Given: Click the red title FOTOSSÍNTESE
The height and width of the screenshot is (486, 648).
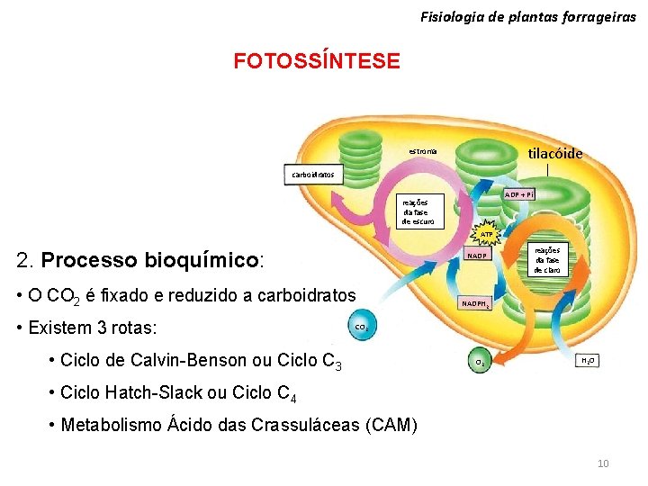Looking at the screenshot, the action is [316, 61].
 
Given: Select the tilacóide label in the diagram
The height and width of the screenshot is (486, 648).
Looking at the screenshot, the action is [554, 153].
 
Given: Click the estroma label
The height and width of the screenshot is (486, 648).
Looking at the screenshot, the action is [423, 151].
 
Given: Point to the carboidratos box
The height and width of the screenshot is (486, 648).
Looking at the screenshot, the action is [313, 174].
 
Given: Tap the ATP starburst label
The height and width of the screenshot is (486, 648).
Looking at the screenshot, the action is [486, 234].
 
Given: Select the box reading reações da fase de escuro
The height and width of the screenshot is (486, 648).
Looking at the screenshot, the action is [420, 211].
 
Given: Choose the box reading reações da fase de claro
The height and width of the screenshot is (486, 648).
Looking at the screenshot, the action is [547, 260].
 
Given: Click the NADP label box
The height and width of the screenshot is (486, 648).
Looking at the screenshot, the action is [476, 256].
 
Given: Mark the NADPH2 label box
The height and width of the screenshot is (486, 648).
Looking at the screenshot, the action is [476, 304].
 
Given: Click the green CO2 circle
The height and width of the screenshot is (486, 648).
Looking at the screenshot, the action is [360, 327].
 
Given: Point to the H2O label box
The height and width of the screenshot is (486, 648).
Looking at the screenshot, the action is [588, 361].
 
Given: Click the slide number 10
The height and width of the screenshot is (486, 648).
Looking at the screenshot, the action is [603, 463].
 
